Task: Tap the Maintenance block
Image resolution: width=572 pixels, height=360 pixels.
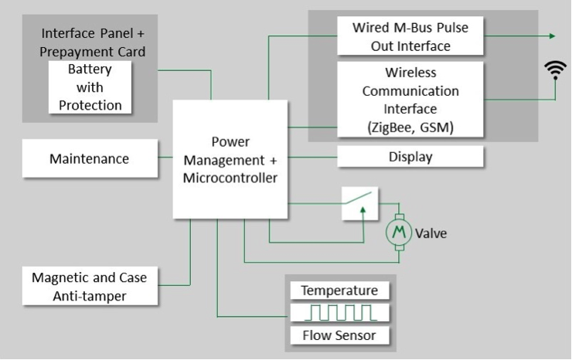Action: [x=89, y=158]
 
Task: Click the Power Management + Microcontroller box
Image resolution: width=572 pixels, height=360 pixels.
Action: [x=230, y=160]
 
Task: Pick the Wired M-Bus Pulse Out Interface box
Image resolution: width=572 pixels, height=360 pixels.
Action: [x=410, y=36]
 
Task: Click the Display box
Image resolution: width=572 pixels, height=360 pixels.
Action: [x=410, y=158]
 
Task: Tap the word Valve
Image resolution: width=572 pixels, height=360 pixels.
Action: [x=431, y=233]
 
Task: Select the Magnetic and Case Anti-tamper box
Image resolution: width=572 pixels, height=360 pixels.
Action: [x=89, y=286]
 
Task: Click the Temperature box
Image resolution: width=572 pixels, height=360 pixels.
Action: [x=339, y=290]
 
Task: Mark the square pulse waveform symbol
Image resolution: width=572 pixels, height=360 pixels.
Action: [x=339, y=313]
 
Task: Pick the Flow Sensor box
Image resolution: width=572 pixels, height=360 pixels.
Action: [x=339, y=335]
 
